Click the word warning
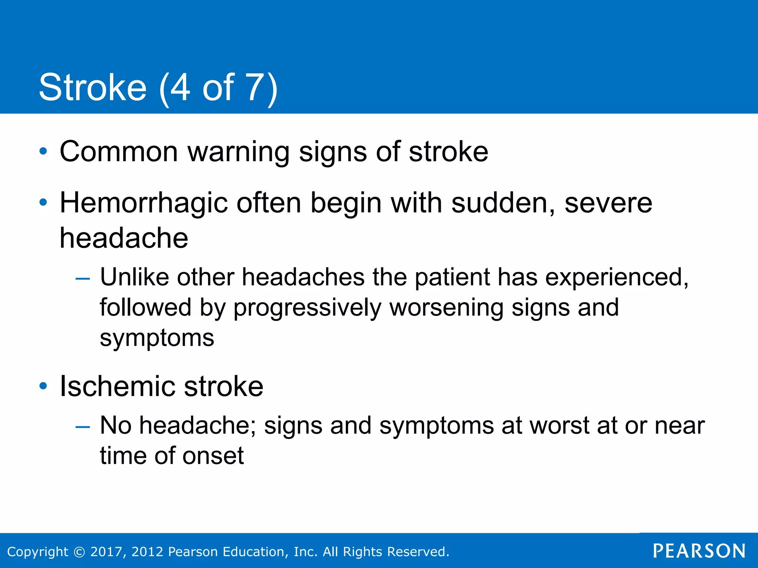(x=238, y=152)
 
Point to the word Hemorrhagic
(x=144, y=203)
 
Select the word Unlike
(x=134, y=277)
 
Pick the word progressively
(x=307, y=308)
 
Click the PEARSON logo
(x=699, y=551)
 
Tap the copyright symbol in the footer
(x=79, y=552)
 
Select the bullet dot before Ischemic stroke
(x=43, y=386)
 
